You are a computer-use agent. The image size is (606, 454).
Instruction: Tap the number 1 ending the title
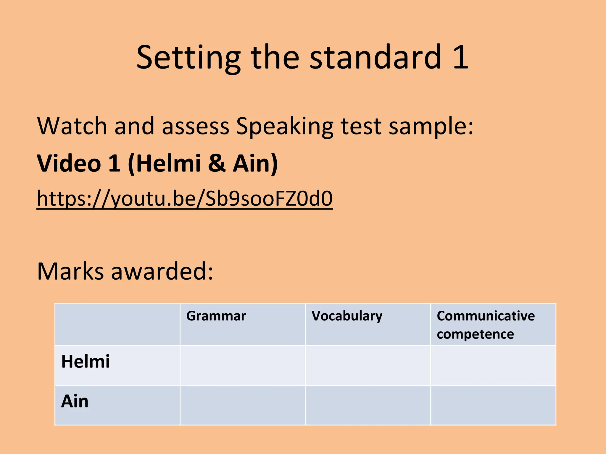(460, 57)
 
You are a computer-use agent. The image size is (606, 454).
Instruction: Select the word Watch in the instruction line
(72, 126)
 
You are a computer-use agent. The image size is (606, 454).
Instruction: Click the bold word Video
(69, 163)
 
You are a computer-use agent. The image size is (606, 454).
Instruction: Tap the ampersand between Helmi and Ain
(217, 163)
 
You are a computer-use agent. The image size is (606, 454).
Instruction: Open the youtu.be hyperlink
(185, 199)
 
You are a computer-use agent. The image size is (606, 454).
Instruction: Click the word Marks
(70, 271)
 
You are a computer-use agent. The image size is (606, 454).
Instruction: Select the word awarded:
(162, 271)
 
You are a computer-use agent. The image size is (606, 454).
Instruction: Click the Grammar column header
(216, 316)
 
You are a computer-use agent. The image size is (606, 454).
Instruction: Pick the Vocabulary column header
(347, 316)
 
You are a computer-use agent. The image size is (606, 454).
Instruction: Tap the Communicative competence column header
(486, 325)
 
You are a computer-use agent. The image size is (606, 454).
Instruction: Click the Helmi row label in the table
(86, 361)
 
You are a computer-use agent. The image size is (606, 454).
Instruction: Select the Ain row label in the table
(75, 401)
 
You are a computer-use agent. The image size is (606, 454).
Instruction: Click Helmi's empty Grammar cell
(243, 365)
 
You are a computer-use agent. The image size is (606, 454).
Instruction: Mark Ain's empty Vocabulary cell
(368, 405)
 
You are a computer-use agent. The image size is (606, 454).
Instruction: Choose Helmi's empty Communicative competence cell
(493, 365)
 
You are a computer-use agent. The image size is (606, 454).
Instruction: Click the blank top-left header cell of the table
(117, 324)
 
